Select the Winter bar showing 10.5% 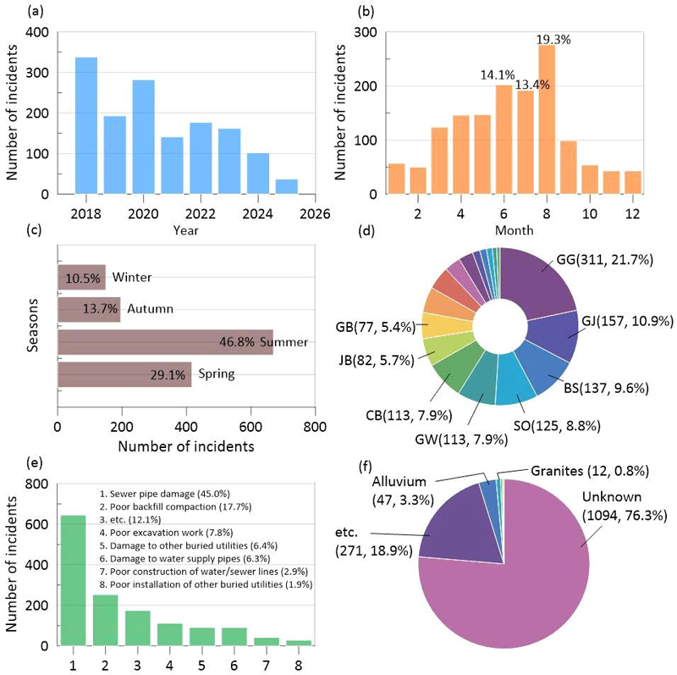tap(81, 277)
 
